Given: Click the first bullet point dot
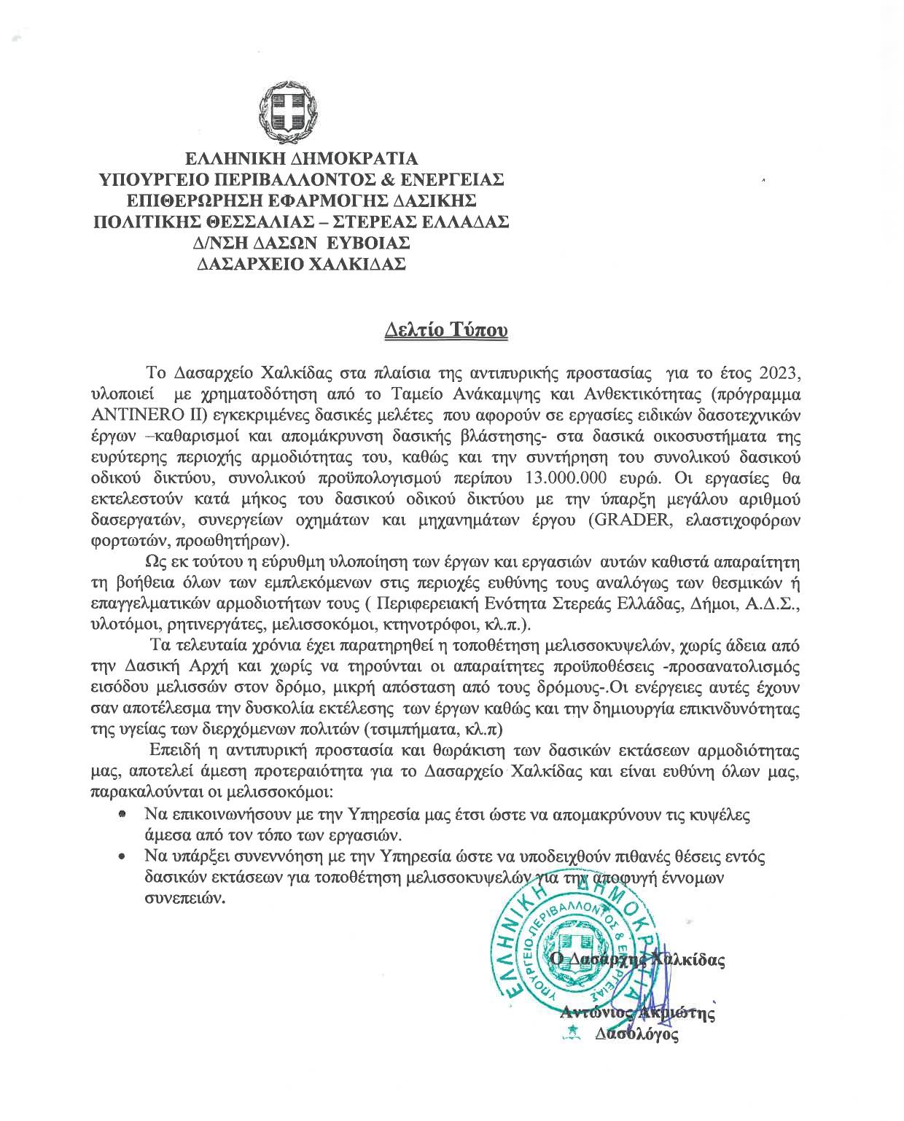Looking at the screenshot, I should point(123,813).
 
